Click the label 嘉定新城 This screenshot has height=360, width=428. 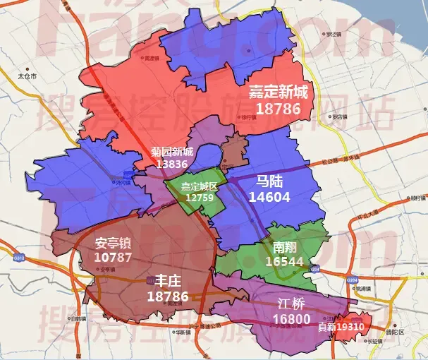pyautogui.click(x=279, y=92)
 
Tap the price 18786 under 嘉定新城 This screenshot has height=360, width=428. pyautogui.click(x=279, y=109)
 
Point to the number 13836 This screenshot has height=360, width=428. pyautogui.click(x=172, y=164)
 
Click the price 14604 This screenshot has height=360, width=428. pyautogui.click(x=269, y=198)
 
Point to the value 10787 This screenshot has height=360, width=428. pyautogui.click(x=113, y=258)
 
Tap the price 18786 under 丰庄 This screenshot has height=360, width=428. pyautogui.click(x=168, y=297)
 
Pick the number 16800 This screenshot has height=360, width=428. pyautogui.click(x=292, y=320)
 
